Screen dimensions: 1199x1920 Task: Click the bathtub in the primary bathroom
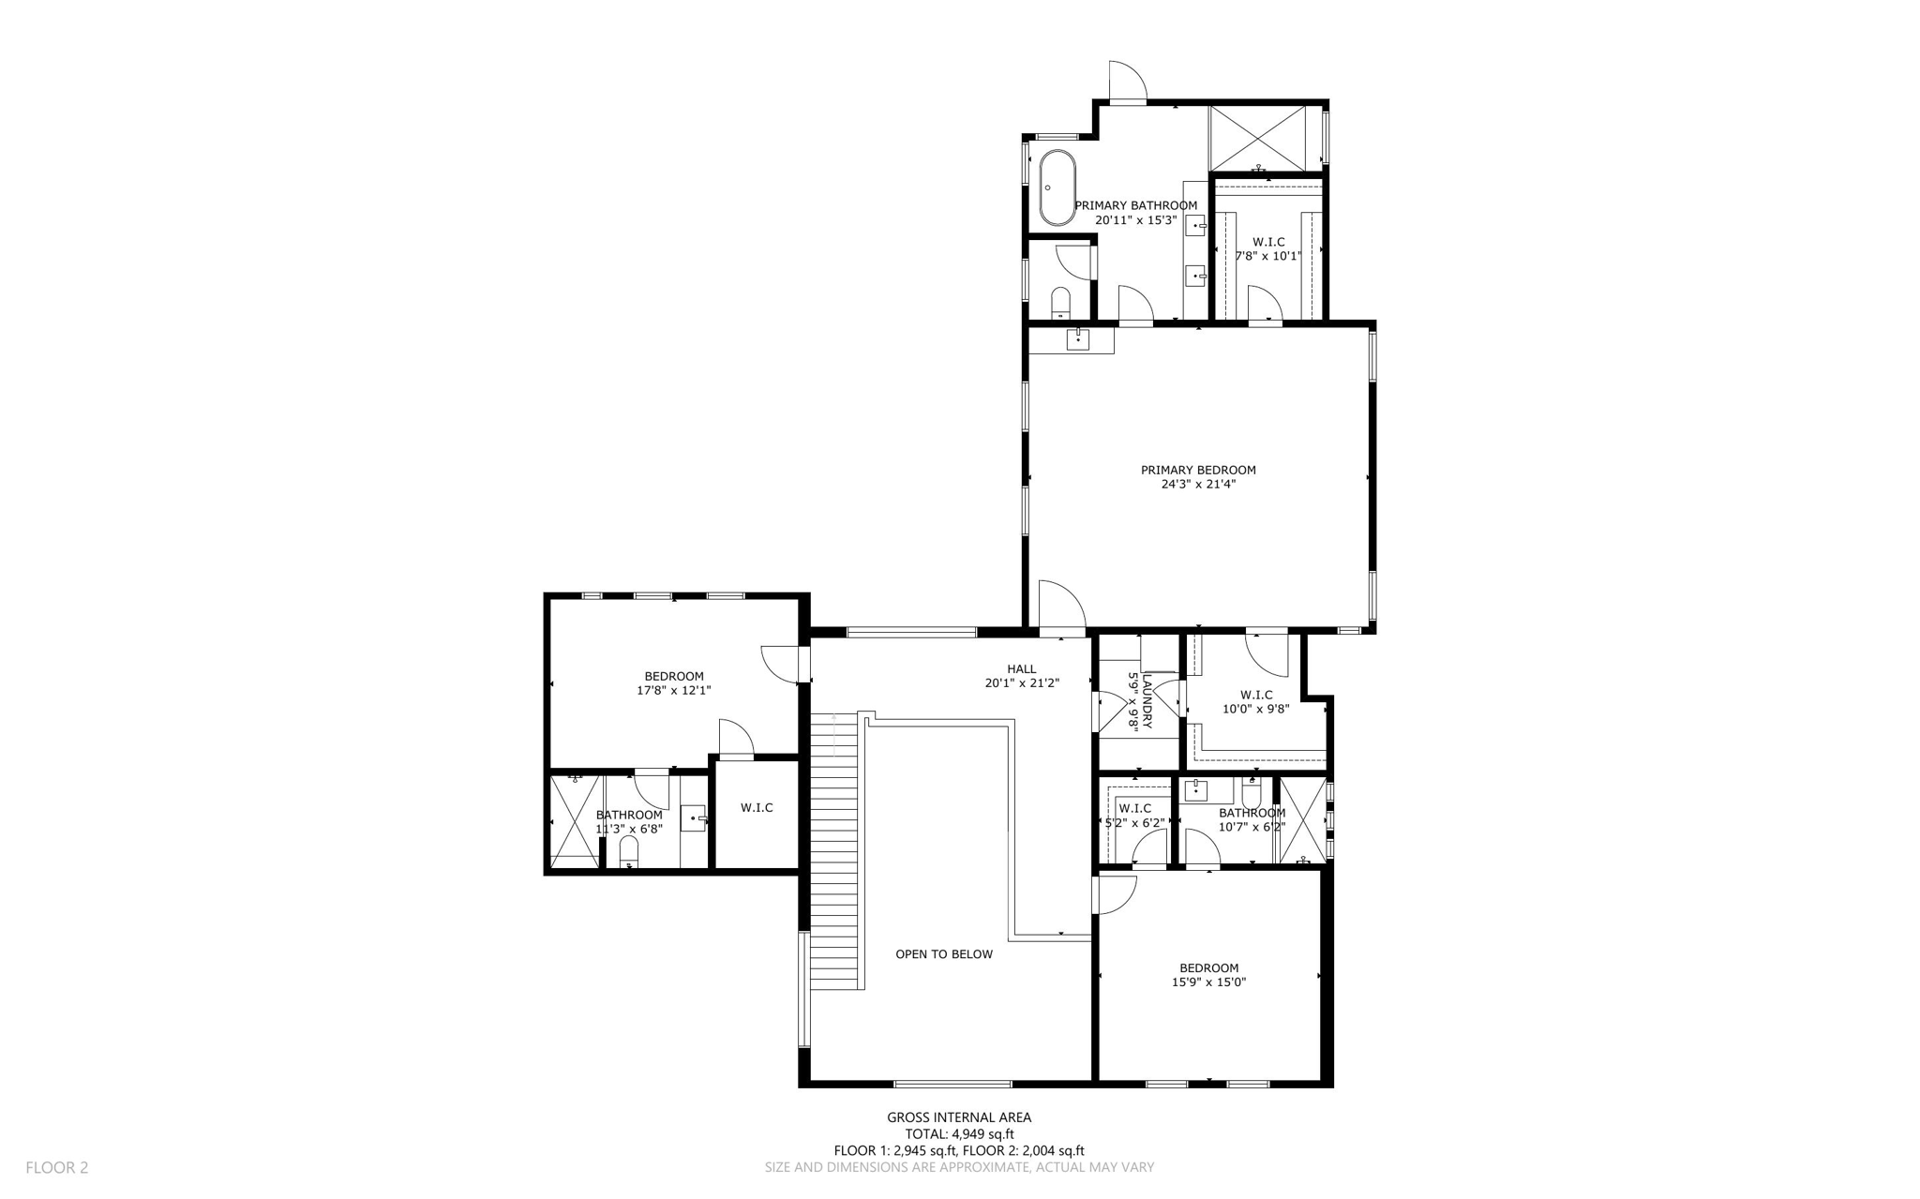(1057, 187)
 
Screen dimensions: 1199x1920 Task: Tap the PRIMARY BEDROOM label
(1197, 470)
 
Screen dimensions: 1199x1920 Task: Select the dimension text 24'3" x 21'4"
(1197, 485)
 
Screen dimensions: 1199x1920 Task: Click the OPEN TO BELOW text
(943, 954)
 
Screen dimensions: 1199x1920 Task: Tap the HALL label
(1021, 668)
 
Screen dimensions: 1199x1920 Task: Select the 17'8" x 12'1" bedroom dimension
(673, 690)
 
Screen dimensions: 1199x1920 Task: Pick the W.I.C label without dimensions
(756, 807)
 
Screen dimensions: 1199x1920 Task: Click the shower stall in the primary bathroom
(1257, 138)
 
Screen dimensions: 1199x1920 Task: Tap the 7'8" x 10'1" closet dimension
(1267, 256)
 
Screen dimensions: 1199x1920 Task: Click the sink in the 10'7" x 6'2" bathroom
(1196, 790)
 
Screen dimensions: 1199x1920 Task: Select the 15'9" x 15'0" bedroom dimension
(1208, 982)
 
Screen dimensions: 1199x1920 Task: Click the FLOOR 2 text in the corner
(56, 1167)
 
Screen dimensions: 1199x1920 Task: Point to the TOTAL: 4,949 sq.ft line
(958, 1133)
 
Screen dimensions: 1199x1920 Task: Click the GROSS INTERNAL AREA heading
(958, 1117)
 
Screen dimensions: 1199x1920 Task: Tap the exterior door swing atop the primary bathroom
(1126, 82)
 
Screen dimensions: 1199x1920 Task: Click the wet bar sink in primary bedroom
(1078, 339)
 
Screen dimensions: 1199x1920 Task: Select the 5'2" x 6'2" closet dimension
(1134, 823)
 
